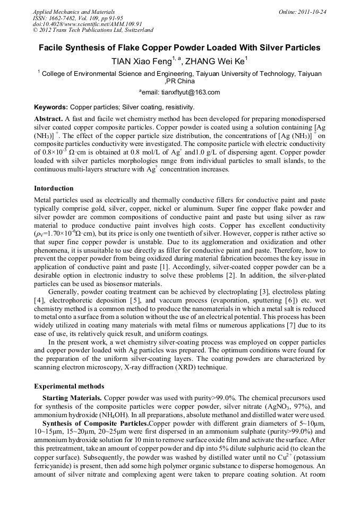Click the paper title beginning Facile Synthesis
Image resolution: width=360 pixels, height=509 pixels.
pos(179,48)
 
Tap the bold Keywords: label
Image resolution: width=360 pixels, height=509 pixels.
pos(51,107)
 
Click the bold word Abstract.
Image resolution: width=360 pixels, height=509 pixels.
pos(48,119)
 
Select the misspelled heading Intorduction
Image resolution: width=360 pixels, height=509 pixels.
pos(54,188)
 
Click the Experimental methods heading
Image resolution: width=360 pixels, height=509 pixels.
pos(69,386)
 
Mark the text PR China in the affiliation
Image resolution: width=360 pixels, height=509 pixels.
pos(181,81)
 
